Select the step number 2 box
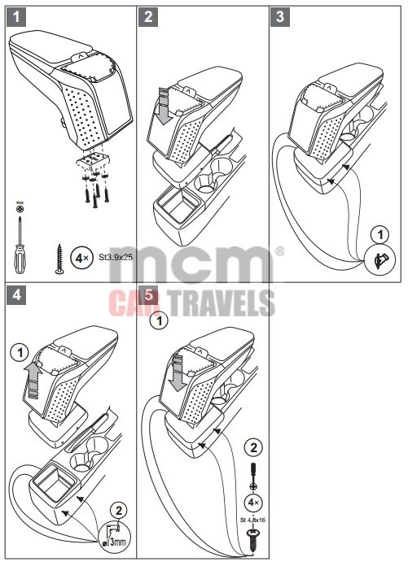click(x=147, y=15)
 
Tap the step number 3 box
click(x=281, y=15)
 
